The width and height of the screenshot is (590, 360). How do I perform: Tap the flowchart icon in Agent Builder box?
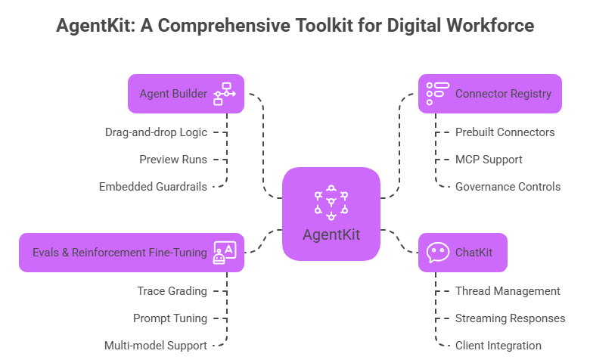tap(225, 94)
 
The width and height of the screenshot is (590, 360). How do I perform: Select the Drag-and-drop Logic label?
tap(156, 132)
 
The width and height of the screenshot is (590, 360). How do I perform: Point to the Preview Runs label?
tap(173, 160)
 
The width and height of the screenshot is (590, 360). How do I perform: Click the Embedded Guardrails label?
tap(153, 187)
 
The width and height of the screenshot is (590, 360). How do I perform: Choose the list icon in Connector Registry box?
tap(438, 94)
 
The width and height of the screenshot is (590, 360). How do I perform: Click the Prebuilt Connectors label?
tap(505, 132)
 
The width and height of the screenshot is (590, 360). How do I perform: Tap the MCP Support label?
tap(489, 160)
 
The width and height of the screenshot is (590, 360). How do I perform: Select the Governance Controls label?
tap(508, 187)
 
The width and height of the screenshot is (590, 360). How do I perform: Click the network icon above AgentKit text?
tap(331, 203)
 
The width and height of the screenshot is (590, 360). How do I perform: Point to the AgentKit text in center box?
tap(331, 234)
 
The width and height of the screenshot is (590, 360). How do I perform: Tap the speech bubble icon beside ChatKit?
tap(438, 253)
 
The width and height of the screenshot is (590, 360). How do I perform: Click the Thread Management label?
tap(508, 291)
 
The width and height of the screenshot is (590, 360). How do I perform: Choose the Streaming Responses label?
tap(511, 318)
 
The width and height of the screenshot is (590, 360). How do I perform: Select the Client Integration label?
tap(498, 346)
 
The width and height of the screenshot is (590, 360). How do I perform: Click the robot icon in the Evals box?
tap(225, 253)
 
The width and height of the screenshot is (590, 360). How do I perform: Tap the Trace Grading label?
tap(172, 291)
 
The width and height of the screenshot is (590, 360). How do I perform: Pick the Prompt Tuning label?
tap(170, 318)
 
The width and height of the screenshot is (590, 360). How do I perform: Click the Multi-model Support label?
tap(156, 346)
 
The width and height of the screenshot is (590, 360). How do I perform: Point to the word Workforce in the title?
tap(490, 26)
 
